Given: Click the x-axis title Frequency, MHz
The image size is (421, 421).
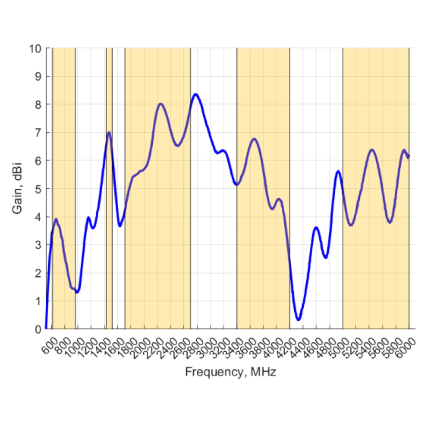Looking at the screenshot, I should coord(230,372).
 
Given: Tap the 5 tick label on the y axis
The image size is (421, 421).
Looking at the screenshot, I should coord(38,189).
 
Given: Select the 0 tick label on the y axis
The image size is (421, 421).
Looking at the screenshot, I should coord(38,329).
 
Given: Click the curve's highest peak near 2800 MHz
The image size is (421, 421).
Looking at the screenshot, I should coord(196,94).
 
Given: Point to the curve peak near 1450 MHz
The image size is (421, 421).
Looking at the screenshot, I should coord(109,133).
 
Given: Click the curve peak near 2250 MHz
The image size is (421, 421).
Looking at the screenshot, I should coord(160,104).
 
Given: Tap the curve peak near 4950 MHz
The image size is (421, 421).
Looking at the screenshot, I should coord(338,171).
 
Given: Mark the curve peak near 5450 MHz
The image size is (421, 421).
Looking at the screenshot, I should coord(371,150).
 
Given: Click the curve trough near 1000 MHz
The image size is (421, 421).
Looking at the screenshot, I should coord(77,292).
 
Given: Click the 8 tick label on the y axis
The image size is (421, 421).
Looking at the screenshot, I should coord(38,104).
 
